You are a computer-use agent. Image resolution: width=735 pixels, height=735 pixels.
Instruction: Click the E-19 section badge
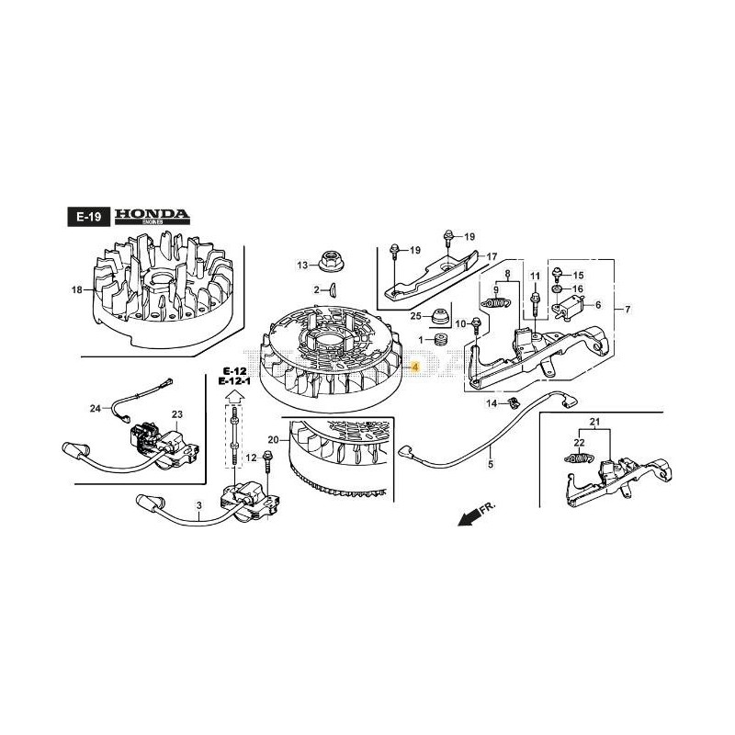(x=88, y=218)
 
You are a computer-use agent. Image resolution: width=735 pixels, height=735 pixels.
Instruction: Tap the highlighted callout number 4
(x=415, y=367)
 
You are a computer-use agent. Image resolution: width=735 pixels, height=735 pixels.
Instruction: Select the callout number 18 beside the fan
(x=77, y=290)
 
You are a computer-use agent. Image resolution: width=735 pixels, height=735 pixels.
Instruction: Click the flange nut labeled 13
(x=327, y=260)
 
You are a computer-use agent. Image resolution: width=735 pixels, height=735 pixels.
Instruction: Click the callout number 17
(x=492, y=256)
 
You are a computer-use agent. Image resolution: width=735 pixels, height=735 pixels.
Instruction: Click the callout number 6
(x=597, y=305)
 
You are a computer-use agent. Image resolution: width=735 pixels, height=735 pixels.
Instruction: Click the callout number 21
(x=594, y=424)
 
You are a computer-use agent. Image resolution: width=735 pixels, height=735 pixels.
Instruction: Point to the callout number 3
(x=198, y=504)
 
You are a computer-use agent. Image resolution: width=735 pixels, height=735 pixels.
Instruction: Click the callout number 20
(x=272, y=439)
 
